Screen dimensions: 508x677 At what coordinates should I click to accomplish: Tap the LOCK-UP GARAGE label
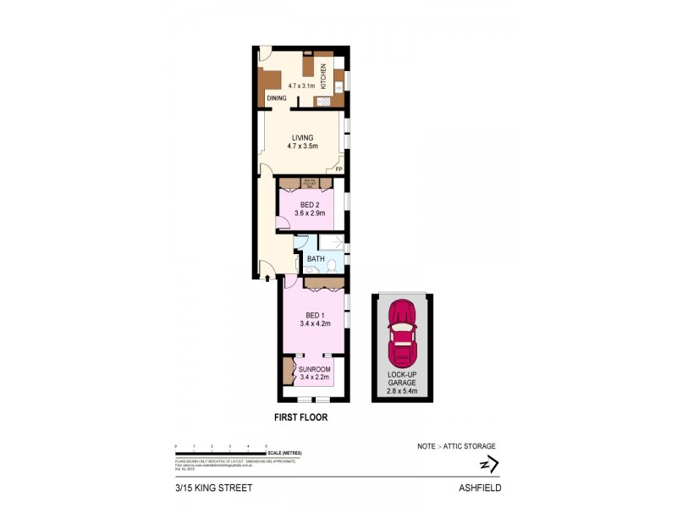[402, 378]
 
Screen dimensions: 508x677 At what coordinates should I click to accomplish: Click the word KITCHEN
[322, 80]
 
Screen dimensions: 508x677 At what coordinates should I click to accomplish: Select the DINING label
[277, 99]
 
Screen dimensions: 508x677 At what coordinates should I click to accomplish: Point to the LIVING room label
[302, 138]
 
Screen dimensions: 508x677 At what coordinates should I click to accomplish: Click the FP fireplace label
[339, 170]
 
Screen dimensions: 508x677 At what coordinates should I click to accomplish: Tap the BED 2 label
[310, 204]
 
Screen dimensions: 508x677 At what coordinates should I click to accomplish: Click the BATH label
[316, 258]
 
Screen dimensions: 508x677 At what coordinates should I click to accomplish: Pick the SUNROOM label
[314, 370]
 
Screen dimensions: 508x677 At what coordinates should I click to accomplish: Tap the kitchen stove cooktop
[322, 102]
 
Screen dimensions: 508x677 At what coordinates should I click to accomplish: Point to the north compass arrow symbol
[488, 464]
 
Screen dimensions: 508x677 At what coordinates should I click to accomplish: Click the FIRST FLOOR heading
[300, 417]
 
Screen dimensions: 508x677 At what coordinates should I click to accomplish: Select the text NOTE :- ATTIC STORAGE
[456, 446]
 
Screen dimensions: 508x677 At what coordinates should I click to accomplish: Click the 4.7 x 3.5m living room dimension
[302, 147]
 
